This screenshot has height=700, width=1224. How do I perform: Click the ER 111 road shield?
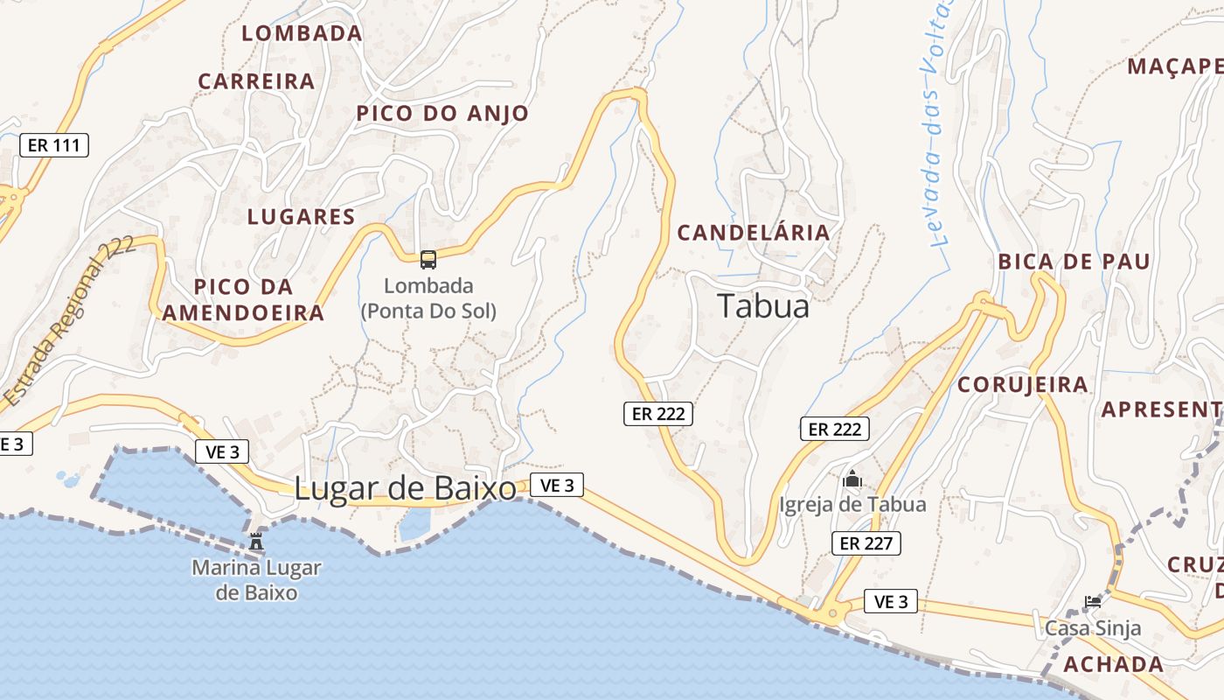(x=54, y=145)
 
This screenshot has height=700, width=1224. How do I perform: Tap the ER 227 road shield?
(x=866, y=543)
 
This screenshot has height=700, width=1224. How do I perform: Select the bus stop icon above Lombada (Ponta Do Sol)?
(x=428, y=260)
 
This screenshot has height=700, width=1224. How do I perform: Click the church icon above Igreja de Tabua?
(x=852, y=479)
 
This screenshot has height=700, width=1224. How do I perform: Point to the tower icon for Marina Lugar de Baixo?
(x=256, y=542)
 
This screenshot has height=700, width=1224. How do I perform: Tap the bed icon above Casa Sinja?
(x=1092, y=601)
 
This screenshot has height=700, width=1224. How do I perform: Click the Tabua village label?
(x=763, y=306)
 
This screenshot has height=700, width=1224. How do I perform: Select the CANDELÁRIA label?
(x=753, y=233)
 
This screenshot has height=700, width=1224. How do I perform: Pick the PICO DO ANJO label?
(x=442, y=114)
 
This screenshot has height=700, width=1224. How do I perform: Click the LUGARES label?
(x=301, y=217)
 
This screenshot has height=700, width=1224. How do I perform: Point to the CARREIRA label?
(x=256, y=81)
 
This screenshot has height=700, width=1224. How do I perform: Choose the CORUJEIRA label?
(x=1022, y=385)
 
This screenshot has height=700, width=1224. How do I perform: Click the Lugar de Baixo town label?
(x=405, y=489)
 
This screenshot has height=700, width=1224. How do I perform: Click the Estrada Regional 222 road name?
(x=70, y=321)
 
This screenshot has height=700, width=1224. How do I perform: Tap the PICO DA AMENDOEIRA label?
(x=243, y=300)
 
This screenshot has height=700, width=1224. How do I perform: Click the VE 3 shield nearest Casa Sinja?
(x=891, y=602)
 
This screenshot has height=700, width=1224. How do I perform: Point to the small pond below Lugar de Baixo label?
(x=415, y=523)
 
